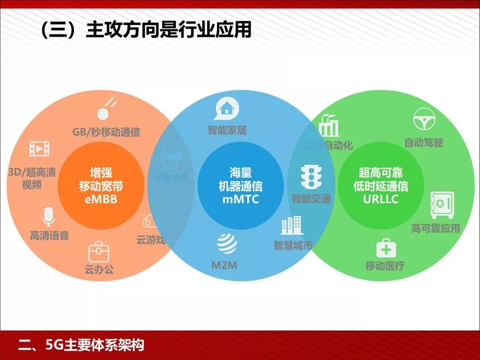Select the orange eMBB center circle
(x=100, y=185)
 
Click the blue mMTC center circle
(x=240, y=185)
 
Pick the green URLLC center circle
(x=380, y=185)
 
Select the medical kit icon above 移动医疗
(x=385, y=247)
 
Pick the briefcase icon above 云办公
(x=98, y=251)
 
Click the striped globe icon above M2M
(x=226, y=244)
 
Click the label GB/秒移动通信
(x=106, y=132)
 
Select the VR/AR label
(x=171, y=178)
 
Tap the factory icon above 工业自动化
(x=328, y=125)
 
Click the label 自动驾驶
(x=423, y=142)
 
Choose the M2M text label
(x=224, y=265)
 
